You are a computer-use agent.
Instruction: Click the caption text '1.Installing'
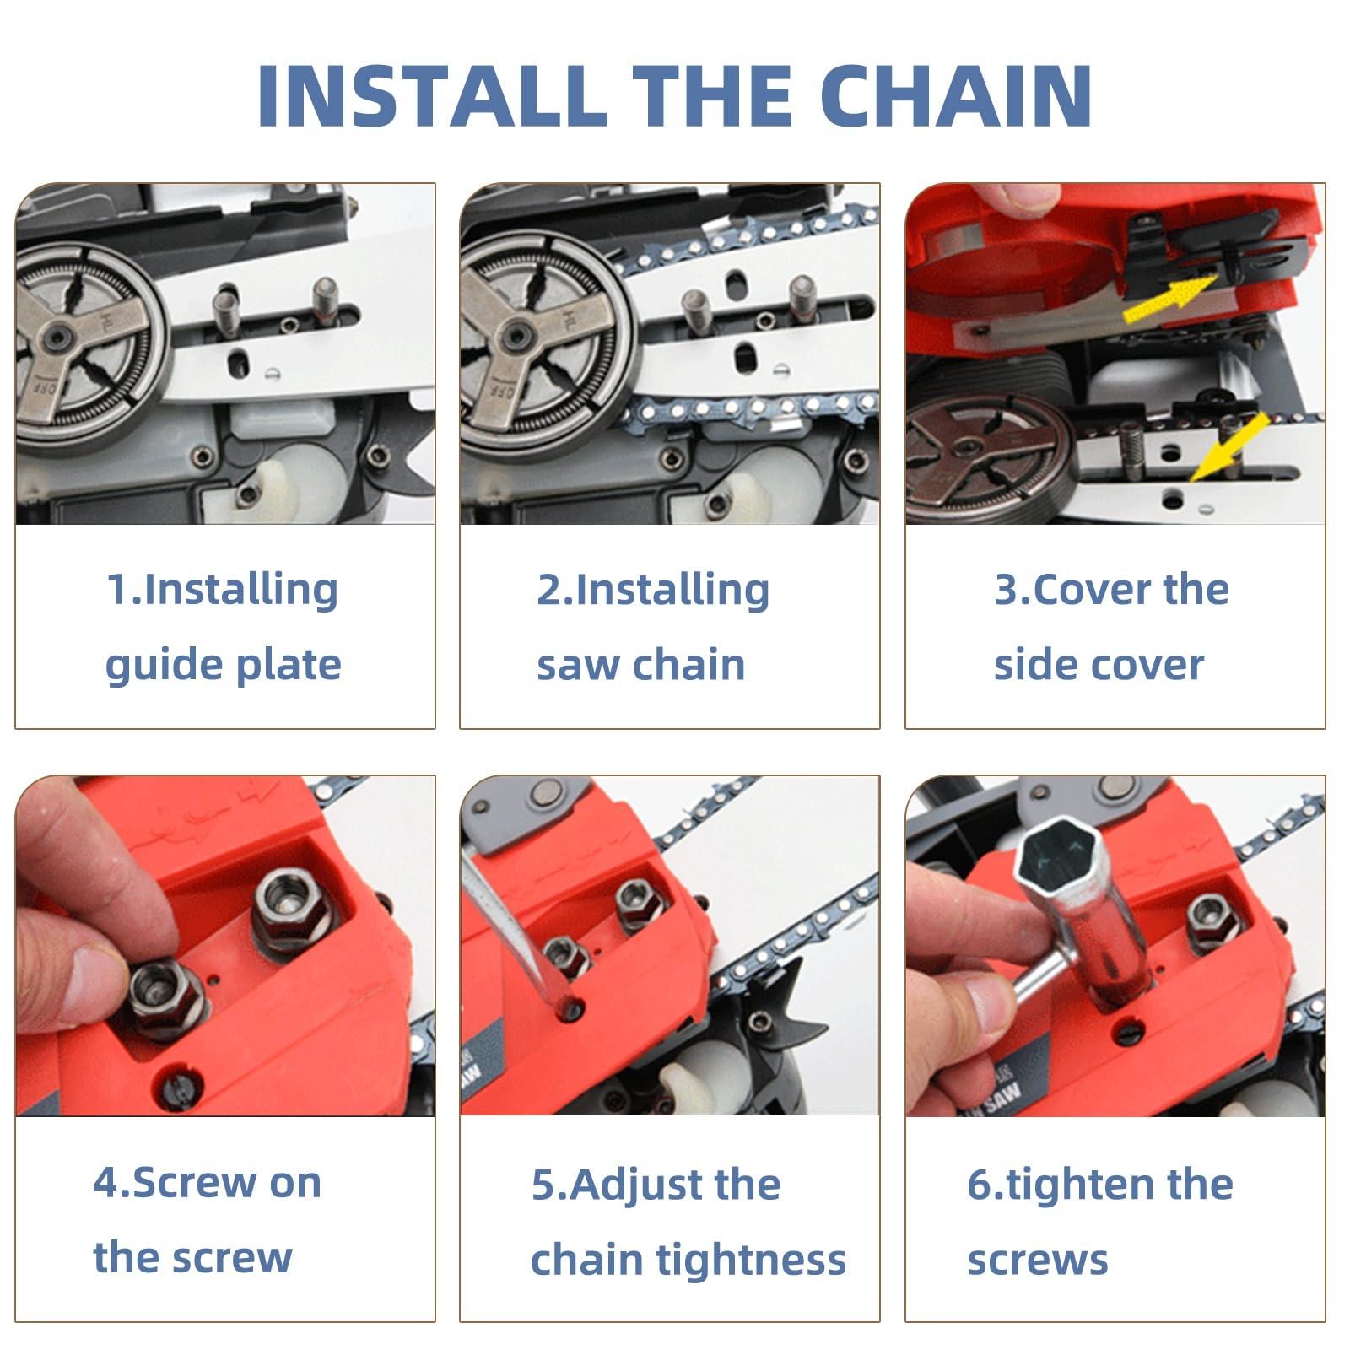(222, 589)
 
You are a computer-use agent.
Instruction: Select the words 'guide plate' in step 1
(224, 665)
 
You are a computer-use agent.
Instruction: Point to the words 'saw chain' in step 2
(641, 665)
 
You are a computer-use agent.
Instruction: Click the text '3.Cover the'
(1111, 589)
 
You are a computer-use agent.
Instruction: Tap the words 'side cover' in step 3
(1099, 665)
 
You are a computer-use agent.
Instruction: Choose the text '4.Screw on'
(208, 1182)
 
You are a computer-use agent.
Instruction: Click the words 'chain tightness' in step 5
(688, 1260)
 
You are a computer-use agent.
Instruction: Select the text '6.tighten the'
(1099, 1184)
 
